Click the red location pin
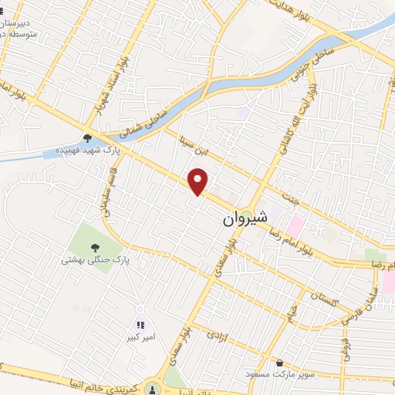coord(199,181)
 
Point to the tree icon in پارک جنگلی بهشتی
coord(95,248)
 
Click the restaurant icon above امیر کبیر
coord(140,325)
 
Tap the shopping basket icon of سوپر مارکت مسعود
coord(279,363)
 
